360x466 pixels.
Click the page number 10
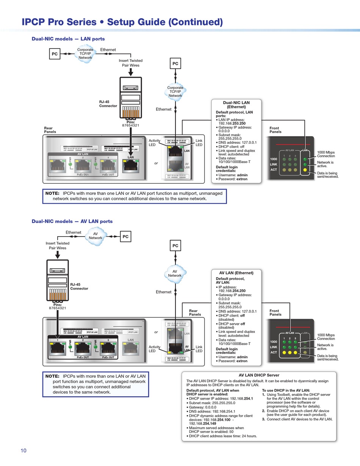click(23, 450)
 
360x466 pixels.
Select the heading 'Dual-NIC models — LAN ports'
click(68, 39)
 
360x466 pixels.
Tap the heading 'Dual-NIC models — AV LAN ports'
click(72, 221)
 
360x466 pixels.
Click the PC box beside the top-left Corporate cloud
click(55, 54)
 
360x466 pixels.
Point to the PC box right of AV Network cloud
click(125, 237)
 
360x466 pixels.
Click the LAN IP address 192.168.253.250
click(232, 124)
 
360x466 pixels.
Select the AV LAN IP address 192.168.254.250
click(232, 291)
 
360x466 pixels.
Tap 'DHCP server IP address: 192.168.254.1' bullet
click(221, 399)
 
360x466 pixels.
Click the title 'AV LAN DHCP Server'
click(260, 375)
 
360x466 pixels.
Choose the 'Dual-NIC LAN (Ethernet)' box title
click(236, 105)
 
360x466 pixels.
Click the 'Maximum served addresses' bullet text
click(216, 430)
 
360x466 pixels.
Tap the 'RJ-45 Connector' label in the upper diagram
click(108, 104)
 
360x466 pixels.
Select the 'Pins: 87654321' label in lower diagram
click(58, 306)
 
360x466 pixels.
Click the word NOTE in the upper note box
click(52, 193)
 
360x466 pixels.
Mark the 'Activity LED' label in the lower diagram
click(155, 349)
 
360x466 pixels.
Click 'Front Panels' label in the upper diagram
click(275, 130)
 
